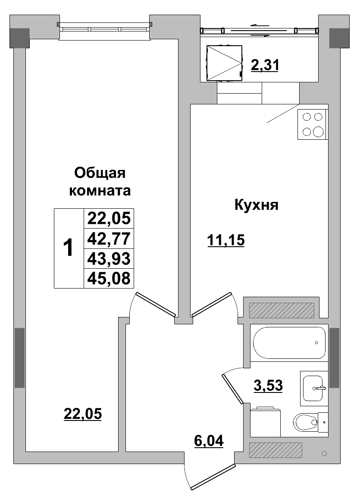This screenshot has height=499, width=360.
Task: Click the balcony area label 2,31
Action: click(x=265, y=65)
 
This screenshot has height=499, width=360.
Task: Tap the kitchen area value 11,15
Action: click(x=226, y=240)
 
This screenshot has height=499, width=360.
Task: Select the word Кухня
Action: click(x=256, y=205)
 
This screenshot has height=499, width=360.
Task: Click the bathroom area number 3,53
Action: click(x=268, y=385)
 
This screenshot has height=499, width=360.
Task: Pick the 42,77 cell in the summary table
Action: click(x=109, y=238)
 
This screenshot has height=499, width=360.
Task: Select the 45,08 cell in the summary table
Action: click(x=109, y=278)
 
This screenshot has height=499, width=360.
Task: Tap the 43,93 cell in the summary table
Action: click(x=109, y=258)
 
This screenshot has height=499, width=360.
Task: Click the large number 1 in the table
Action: click(x=68, y=248)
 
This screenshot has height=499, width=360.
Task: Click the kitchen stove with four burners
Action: click(x=312, y=124)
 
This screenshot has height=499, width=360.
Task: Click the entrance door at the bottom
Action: click(x=213, y=477)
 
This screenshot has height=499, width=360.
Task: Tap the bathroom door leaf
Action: click(x=233, y=388)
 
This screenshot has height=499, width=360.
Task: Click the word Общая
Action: click(x=100, y=173)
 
